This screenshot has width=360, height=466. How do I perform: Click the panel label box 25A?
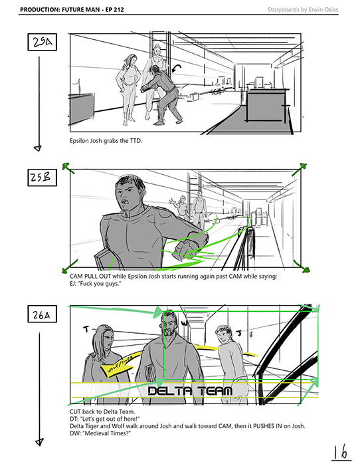[x=43, y=42]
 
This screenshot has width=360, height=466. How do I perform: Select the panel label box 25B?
[x=43, y=177]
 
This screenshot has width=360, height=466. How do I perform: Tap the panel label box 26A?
[x=43, y=314]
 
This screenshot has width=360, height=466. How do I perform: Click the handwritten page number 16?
[x=341, y=453]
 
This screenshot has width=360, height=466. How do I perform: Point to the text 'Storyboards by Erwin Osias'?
[x=303, y=9]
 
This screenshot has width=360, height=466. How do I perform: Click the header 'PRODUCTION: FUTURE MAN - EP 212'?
[x=72, y=9]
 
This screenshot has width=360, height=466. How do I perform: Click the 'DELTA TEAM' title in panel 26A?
[x=190, y=391]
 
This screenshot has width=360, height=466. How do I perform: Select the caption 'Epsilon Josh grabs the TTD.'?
[x=106, y=141]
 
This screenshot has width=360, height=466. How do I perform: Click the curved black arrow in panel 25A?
[x=176, y=68]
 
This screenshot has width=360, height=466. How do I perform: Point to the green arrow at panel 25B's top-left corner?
[x=68, y=168]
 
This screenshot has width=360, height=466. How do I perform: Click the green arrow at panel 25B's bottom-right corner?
[x=302, y=266]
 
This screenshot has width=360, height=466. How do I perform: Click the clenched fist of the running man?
[x=183, y=249]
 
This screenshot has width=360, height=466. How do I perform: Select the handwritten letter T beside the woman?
[x=86, y=329]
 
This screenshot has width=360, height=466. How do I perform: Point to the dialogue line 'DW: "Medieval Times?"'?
[x=100, y=433]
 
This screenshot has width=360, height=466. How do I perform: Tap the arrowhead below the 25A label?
[x=38, y=148]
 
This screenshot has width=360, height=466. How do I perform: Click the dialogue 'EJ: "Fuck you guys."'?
[x=96, y=284]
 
